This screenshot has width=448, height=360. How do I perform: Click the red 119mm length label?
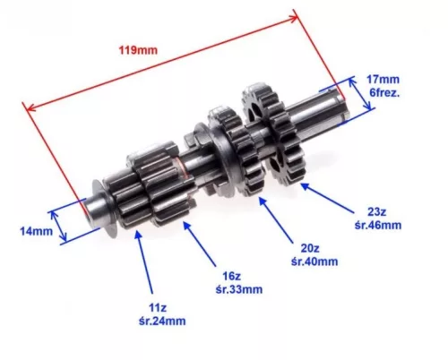coord(138,50)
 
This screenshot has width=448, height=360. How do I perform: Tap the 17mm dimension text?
coord(383,80)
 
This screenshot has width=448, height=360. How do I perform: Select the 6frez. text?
coord(384,93)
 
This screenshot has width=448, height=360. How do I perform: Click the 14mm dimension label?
coord(37,231)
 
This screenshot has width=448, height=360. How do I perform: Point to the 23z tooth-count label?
coord(377,211)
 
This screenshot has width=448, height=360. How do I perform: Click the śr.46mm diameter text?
coord(378,225)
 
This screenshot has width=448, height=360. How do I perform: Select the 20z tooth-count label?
coord(310,248)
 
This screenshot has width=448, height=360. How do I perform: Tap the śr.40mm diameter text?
coord(314,261)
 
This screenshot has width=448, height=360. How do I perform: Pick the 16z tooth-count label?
coord(231,276)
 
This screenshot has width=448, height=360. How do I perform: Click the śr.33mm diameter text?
coord(239,289)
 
